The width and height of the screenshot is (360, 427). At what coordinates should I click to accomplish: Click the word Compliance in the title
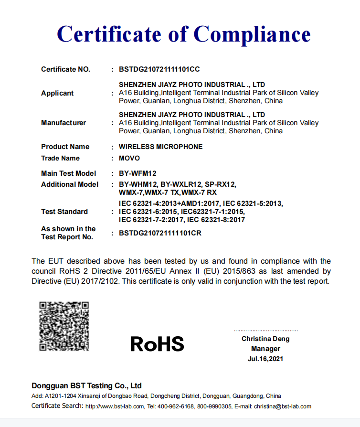coord(252,34)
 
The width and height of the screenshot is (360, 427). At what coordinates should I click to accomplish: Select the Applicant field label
coord(57,93)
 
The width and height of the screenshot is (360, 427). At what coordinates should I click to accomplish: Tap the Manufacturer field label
coord(64,123)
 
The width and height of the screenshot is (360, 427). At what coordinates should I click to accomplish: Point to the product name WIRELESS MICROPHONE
coord(160,147)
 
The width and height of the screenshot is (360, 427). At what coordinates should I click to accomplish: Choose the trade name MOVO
coord(129,158)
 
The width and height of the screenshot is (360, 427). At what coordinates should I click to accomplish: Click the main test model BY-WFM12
coord(138,173)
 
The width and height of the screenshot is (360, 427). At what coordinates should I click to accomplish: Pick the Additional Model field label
coord(70,184)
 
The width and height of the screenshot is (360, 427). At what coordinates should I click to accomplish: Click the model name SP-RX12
coord(220,184)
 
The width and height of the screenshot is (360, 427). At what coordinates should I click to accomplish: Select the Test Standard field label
coord(64,212)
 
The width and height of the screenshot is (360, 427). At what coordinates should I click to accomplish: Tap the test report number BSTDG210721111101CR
coord(159,234)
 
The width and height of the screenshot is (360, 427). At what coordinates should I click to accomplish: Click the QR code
coord(64,325)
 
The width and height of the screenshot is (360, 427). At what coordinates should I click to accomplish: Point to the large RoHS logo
coord(157,343)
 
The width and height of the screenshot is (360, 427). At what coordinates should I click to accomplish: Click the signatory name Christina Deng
coord(265,339)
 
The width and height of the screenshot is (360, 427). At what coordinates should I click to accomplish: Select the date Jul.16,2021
coord(265,359)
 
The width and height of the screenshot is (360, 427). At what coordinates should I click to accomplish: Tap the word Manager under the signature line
coord(265,349)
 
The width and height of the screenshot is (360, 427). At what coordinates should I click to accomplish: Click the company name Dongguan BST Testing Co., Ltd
coord(86,386)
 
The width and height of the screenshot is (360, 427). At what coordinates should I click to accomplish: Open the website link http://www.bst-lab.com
coord(115,406)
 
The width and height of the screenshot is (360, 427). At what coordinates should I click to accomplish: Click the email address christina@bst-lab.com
coord(283,406)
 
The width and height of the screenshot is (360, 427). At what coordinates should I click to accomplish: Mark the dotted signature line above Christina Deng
coord(265,331)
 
